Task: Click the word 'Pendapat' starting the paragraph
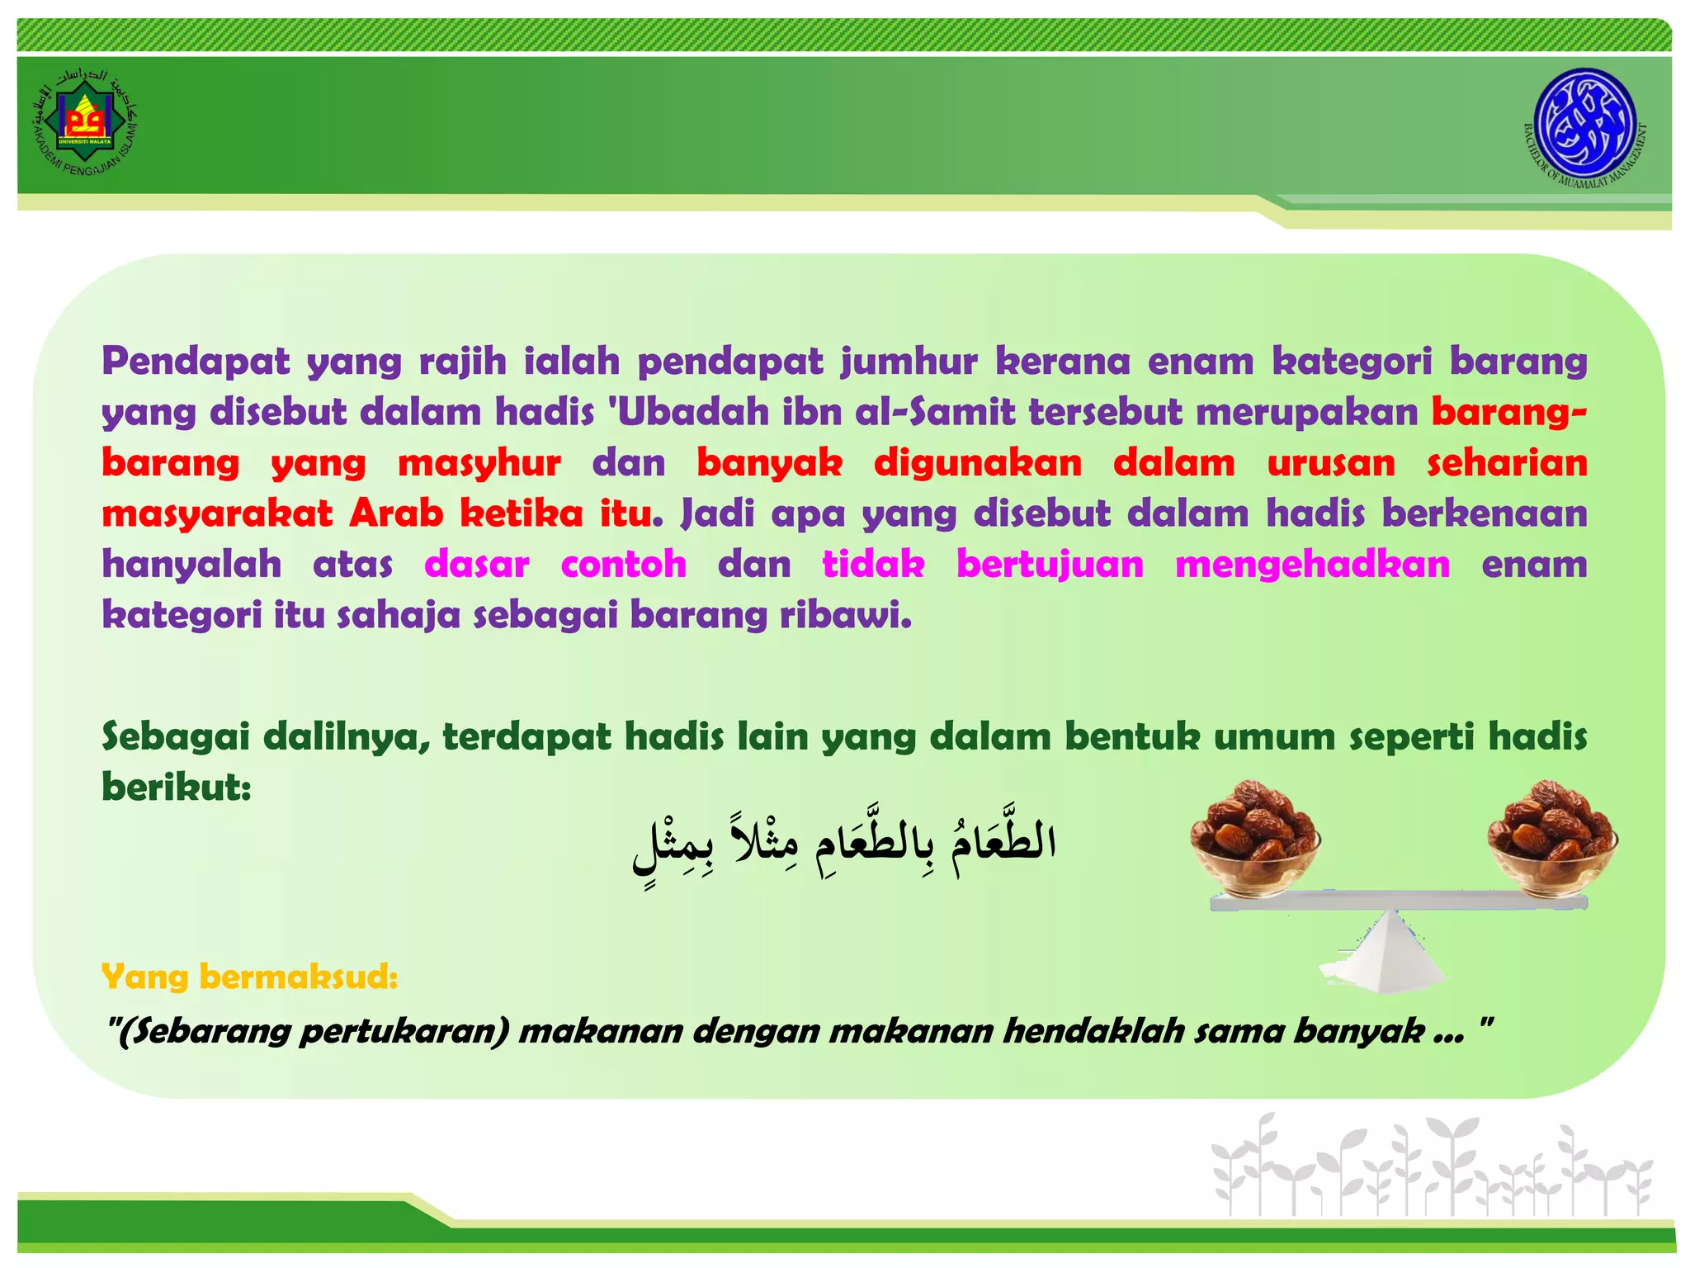coord(196,362)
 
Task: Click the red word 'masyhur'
coord(479,462)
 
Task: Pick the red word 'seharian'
coord(1507,462)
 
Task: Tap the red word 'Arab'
coord(396,513)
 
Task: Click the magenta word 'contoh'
coord(623,565)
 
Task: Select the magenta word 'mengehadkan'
coord(1312,565)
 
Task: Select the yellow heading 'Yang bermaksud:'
coord(249,977)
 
